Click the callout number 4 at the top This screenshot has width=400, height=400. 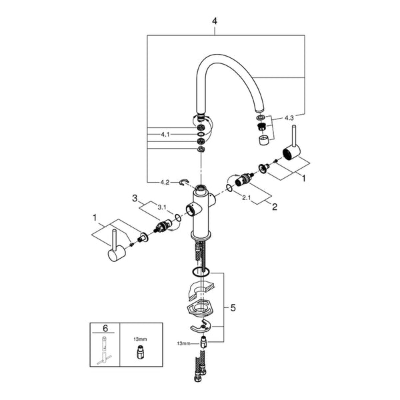[215, 21]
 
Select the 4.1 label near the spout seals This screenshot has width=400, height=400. [165, 135]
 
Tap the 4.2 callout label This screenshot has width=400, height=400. [165, 182]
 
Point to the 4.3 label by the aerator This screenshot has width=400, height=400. [289, 118]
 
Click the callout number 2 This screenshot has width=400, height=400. [275, 207]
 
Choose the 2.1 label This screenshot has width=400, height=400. [246, 198]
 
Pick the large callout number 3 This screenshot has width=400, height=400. [135, 198]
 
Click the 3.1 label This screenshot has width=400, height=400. [162, 207]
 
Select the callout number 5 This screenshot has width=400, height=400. [233, 308]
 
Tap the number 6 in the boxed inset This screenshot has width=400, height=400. [105, 328]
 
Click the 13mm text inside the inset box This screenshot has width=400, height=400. [140, 339]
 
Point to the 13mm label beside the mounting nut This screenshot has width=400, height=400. [183, 343]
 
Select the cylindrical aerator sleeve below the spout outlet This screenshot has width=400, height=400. [264, 140]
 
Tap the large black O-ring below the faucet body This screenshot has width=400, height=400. [201, 272]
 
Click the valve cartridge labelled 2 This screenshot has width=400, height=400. [244, 179]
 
